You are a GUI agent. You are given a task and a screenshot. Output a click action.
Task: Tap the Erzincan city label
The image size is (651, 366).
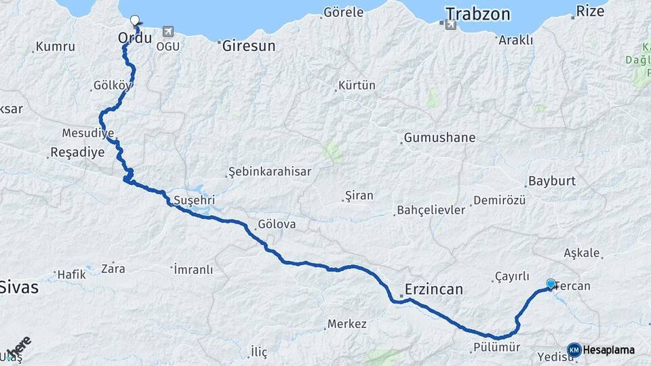433,289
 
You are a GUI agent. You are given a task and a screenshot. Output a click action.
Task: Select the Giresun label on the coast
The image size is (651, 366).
248,46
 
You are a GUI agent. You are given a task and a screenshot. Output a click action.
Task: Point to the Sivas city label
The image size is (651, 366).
19,287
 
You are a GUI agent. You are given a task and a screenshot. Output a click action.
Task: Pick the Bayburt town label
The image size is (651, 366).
551,182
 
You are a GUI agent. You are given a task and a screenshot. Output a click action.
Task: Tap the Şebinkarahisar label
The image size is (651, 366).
270,171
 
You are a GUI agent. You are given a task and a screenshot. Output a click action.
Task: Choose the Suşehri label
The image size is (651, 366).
194,201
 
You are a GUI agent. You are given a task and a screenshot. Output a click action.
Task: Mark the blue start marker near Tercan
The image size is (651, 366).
551,284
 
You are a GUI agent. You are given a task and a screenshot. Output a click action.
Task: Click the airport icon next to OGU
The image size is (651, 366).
167,31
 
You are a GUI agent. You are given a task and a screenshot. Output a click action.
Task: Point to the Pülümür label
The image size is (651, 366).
497,348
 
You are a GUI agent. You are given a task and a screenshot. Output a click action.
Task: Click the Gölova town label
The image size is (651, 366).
277,224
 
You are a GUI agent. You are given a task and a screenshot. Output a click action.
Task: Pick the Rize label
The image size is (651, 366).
589,11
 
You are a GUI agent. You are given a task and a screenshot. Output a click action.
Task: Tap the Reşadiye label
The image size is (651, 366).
78,152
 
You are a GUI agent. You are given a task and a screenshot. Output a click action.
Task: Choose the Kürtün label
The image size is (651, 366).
357,86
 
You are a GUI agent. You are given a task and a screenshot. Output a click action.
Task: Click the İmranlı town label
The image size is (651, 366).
193,270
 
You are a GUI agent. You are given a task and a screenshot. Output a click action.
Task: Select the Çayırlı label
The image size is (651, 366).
512,276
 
